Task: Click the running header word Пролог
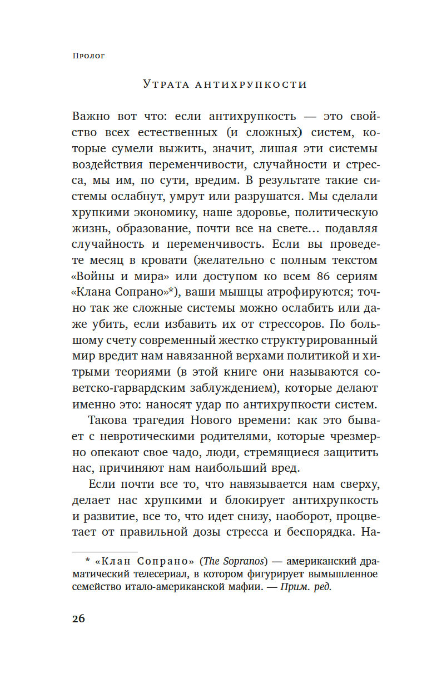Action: pos(89,56)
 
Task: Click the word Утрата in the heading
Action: pos(165,84)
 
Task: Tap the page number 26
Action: pos(78,618)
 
